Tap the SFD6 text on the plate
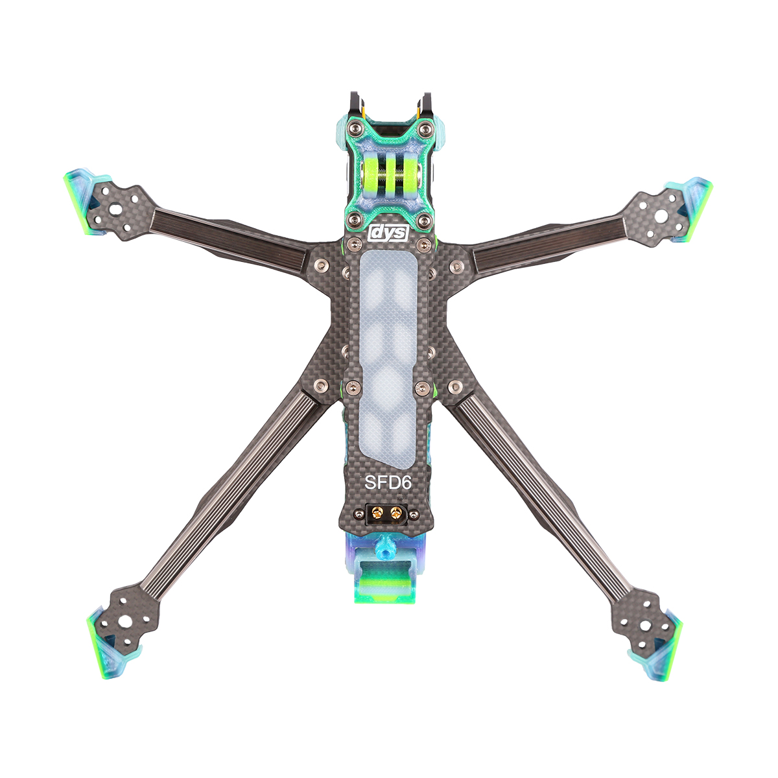point(388,483)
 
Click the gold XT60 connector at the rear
point(385,513)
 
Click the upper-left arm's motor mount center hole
point(116,209)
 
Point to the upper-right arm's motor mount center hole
point(661,217)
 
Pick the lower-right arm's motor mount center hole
point(645,626)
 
